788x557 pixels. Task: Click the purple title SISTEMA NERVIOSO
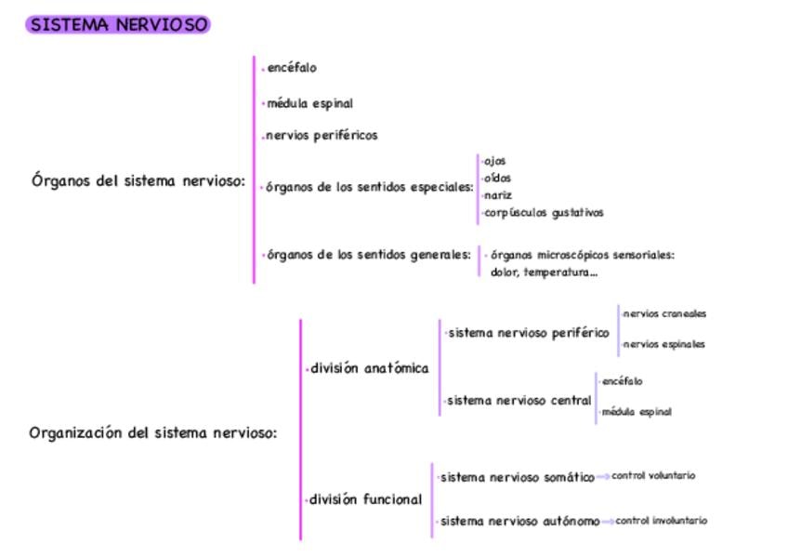[x=118, y=25]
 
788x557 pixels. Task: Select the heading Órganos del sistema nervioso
[x=138, y=181]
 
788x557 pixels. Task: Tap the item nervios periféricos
[x=322, y=136]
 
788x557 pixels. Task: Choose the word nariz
[x=498, y=195]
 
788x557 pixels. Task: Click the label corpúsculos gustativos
[x=544, y=213]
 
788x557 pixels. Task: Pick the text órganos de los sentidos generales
[x=369, y=255]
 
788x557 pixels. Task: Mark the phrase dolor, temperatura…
[x=544, y=272]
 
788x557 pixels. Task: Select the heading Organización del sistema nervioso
[x=153, y=432]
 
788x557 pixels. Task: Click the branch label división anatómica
[x=370, y=368]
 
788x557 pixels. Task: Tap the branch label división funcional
[x=365, y=499]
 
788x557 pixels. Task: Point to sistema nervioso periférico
[x=529, y=333]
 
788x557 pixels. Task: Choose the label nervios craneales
[x=664, y=314]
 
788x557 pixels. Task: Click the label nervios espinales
[x=664, y=344]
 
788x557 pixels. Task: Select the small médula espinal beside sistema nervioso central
[x=637, y=411]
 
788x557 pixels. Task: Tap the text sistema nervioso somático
[x=518, y=478]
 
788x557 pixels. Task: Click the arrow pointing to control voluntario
[x=603, y=477]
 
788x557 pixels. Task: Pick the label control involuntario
[x=661, y=521]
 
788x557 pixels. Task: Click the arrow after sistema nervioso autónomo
[x=608, y=522]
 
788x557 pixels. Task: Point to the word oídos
[x=497, y=178]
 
